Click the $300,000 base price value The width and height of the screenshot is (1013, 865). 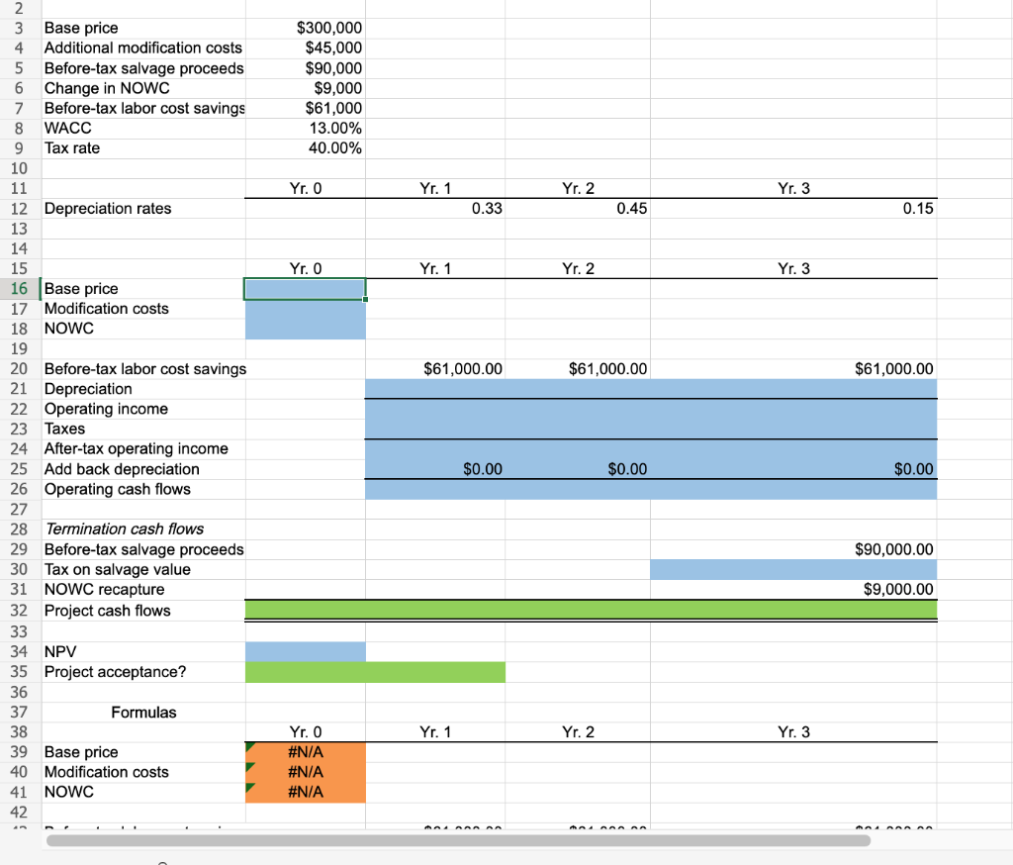(329, 28)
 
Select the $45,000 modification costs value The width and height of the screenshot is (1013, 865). (333, 48)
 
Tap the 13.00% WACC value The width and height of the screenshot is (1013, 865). (335, 128)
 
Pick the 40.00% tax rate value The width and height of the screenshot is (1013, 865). (335, 147)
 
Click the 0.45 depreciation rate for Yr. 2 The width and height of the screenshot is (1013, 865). (631, 208)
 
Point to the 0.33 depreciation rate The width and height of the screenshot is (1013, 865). (488, 208)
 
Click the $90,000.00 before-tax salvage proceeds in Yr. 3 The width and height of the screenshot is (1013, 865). (894, 549)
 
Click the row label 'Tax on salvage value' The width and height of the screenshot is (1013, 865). (118, 569)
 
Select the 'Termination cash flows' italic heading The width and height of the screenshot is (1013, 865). (125, 529)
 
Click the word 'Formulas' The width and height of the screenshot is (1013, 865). (144, 712)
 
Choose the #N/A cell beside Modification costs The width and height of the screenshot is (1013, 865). (305, 772)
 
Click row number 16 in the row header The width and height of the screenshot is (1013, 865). (18, 288)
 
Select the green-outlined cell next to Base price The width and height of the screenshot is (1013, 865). (305, 288)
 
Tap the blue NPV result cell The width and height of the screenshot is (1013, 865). (305, 651)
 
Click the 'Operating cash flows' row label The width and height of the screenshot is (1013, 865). (118, 489)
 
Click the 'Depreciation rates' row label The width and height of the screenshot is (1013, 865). (108, 208)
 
